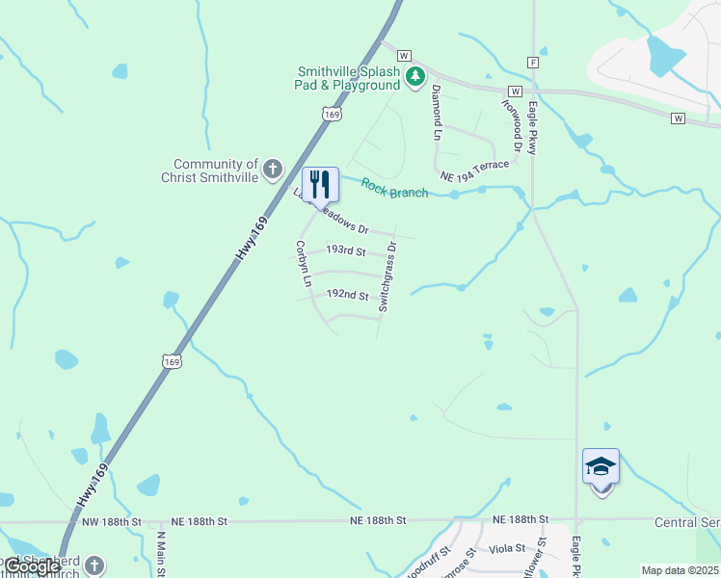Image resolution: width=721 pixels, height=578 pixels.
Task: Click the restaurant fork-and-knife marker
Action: pyautogui.click(x=320, y=184)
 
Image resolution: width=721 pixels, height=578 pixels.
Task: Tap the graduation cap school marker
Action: pyautogui.click(x=601, y=468)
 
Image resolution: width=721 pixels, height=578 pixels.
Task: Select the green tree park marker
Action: pyautogui.click(x=415, y=76)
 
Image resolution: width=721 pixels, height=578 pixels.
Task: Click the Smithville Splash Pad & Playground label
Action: pyautogui.click(x=348, y=78)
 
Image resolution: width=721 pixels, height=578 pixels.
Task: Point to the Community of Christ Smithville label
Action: pyautogui.click(x=215, y=171)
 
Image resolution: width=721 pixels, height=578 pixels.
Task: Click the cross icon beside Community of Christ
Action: pyautogui.click(x=273, y=170)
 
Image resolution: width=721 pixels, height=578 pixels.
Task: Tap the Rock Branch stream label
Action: pyautogui.click(x=394, y=188)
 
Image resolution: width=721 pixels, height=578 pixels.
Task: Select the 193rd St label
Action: pyautogui.click(x=345, y=250)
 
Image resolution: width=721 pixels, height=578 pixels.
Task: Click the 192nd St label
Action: pyautogui.click(x=348, y=295)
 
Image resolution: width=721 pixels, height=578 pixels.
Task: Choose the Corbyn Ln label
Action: pyautogui.click(x=303, y=264)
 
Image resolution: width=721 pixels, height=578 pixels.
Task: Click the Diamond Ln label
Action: pyautogui.click(x=437, y=108)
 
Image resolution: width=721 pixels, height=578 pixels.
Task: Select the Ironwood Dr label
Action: pyautogui.click(x=510, y=124)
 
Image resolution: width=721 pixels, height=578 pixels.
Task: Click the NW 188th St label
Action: pyautogui.click(x=107, y=521)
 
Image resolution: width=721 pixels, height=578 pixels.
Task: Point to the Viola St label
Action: pyautogui.click(x=508, y=548)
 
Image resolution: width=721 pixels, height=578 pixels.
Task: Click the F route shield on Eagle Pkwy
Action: pyautogui.click(x=532, y=62)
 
